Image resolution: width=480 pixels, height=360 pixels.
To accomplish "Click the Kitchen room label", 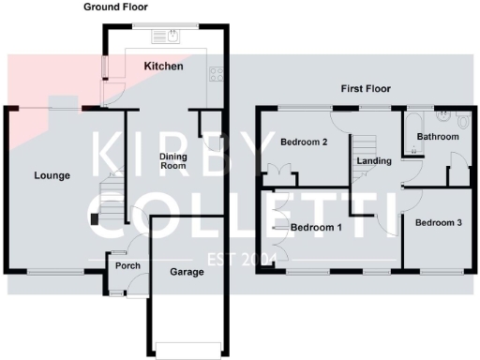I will click(x=163, y=67).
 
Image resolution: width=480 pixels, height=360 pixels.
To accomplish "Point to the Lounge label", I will click(x=52, y=175).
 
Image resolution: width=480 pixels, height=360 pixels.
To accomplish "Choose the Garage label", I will click(x=187, y=273).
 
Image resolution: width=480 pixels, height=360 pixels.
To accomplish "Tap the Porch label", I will click(x=127, y=266).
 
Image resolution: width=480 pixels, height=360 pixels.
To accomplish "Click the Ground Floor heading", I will click(x=115, y=7).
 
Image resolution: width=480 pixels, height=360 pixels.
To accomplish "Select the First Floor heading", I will click(x=365, y=89).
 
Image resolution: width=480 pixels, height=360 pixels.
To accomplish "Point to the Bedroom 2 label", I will click(x=304, y=142).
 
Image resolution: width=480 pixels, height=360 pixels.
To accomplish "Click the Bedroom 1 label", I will click(x=316, y=228).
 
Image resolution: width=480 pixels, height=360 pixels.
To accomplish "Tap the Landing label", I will click(x=374, y=161).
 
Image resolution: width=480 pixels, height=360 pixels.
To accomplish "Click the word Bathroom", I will click(x=439, y=137).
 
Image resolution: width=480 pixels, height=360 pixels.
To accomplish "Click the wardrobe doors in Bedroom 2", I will click(x=278, y=173).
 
